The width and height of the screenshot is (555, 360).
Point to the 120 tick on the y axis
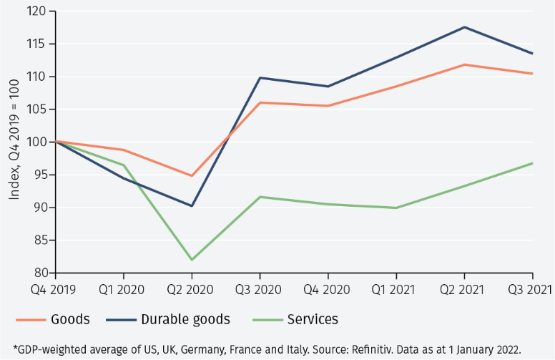37,11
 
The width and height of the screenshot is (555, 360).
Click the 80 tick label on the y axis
40,273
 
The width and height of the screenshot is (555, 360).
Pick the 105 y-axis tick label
37,110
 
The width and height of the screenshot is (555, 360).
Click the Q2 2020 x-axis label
192,290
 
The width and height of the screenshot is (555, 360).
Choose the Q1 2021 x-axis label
396,290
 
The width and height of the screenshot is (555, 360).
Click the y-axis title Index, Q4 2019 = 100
14,142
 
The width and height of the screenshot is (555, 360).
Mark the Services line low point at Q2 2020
192,260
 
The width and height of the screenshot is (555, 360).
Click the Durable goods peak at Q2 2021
464,27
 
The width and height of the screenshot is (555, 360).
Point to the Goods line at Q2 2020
192,175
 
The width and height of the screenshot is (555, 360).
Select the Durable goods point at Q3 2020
260,77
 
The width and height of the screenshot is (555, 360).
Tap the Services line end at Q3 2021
532,163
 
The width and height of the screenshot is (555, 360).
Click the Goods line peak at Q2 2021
464,64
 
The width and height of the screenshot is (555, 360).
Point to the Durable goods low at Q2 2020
192,205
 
